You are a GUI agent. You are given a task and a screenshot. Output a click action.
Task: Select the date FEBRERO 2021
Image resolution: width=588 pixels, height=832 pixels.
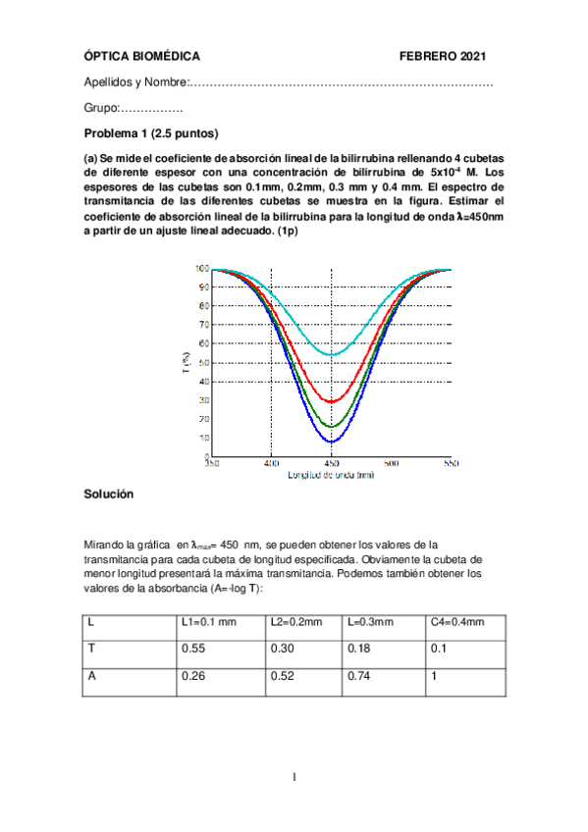[444, 58]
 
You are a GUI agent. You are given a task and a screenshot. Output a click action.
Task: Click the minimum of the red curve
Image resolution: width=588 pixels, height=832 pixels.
[332, 401]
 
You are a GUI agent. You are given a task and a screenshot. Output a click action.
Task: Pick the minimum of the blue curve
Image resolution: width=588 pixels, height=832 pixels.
[332, 442]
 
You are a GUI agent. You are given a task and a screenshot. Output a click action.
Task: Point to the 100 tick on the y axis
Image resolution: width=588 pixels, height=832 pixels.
[201, 268]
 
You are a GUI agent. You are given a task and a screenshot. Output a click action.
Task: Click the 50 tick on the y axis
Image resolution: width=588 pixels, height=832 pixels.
[202, 363]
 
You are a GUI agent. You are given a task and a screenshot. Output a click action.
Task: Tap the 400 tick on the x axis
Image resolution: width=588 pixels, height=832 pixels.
[271, 464]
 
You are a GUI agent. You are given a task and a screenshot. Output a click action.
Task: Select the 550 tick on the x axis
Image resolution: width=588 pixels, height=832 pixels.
[451, 464]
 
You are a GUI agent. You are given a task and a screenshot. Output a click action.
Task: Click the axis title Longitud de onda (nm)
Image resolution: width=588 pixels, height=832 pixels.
[331, 475]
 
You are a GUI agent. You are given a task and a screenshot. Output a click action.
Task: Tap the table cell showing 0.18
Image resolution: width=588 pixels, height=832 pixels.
[359, 649]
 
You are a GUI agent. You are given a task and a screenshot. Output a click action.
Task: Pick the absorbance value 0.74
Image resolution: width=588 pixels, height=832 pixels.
[359, 676]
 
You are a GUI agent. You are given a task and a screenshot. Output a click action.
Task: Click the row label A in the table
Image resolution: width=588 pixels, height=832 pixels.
[91, 676]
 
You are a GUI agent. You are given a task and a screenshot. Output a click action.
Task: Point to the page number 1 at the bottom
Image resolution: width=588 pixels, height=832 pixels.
[294, 778]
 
